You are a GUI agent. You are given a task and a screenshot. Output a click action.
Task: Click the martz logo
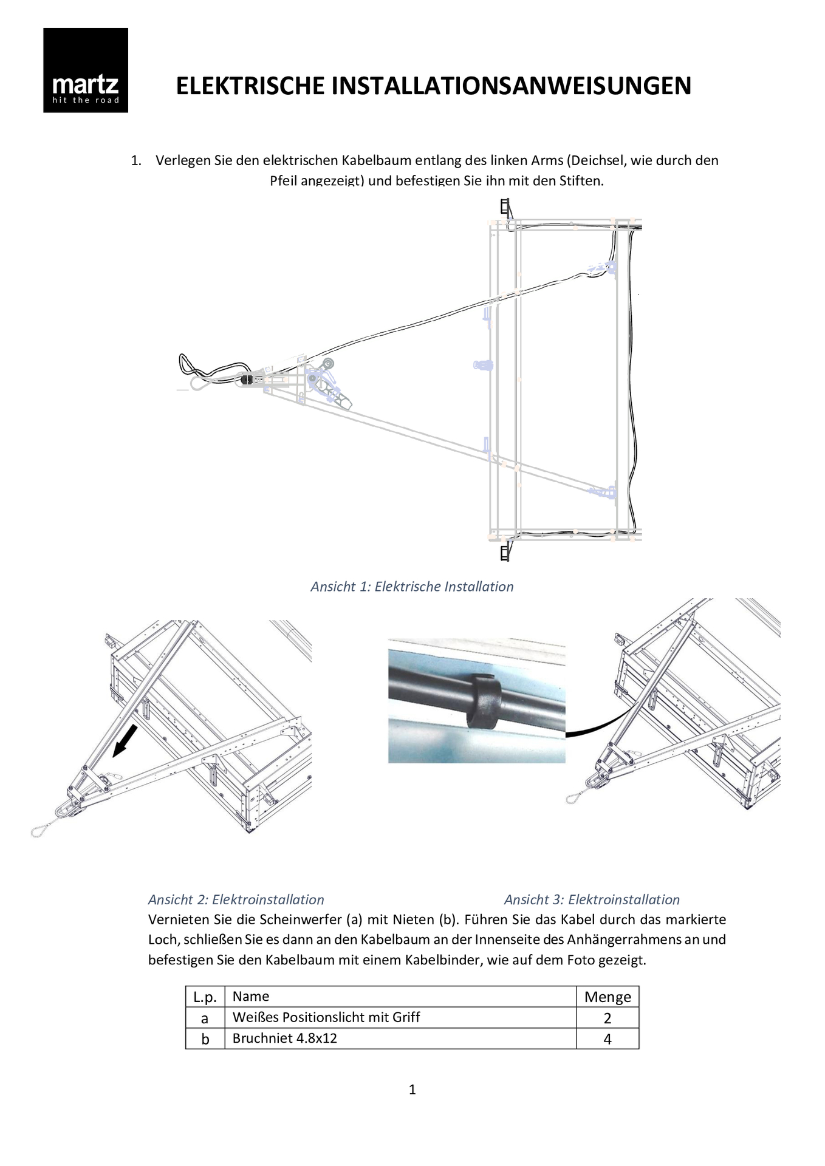(86, 70)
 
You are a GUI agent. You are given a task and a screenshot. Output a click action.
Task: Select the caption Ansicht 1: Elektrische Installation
(412, 587)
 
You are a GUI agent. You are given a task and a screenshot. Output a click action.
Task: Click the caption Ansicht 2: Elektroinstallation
(236, 899)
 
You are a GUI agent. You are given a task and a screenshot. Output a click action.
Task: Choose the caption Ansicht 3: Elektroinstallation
(592, 899)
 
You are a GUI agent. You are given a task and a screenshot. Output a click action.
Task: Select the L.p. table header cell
(205, 997)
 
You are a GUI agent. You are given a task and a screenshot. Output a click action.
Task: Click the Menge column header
(608, 997)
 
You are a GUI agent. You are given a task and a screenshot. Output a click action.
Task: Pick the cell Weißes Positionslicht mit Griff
(326, 1017)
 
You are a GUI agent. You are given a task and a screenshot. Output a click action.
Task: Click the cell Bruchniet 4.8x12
(285, 1038)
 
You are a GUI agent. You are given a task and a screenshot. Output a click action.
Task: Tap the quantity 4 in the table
(608, 1039)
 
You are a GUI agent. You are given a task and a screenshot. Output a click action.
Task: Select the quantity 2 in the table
(608, 1018)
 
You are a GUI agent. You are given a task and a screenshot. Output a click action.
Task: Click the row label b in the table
(205, 1039)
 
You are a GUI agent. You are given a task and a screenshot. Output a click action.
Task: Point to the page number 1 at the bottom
(412, 1089)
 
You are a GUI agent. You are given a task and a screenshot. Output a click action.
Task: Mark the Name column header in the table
(251, 996)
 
